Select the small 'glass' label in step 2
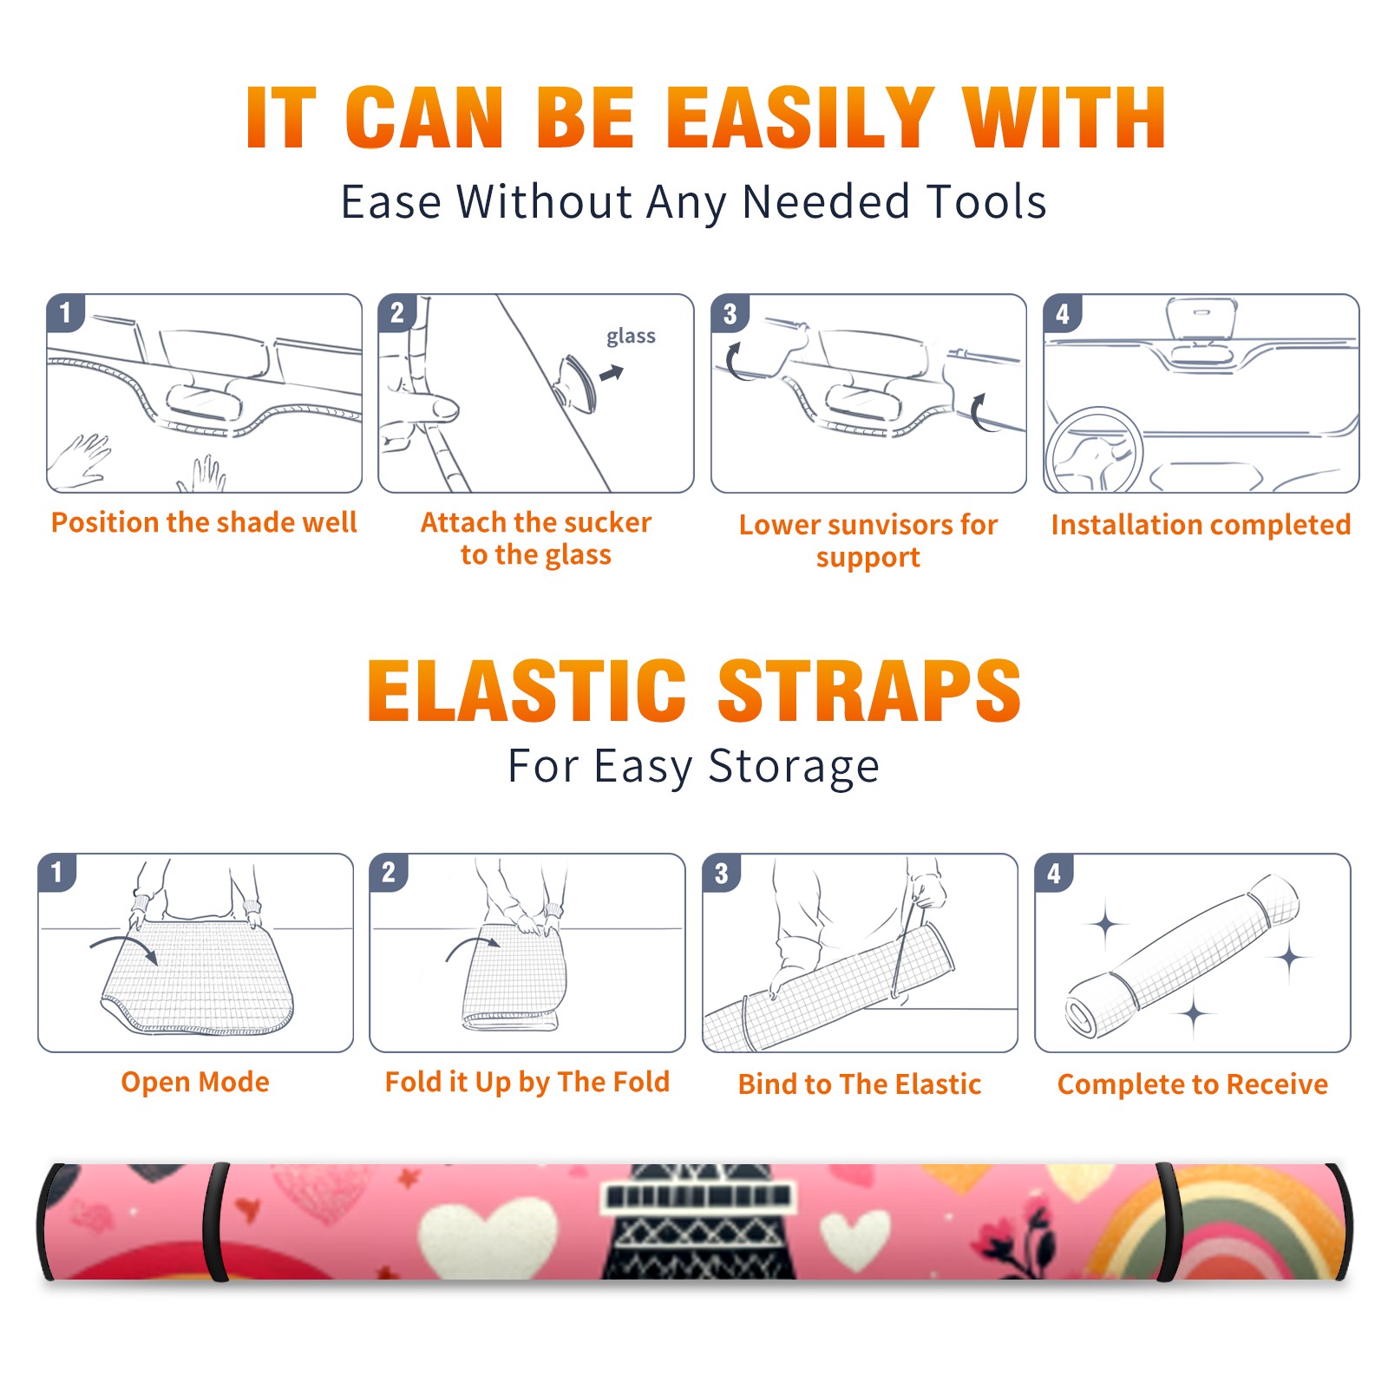pos(631,336)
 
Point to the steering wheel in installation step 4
pos(1093,450)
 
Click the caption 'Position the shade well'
pos(204,522)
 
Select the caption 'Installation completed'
pos(1201,524)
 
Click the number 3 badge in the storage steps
pos(722,873)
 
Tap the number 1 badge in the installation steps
pos(65,312)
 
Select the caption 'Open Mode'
pos(195,1082)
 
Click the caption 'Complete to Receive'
pos(1193,1084)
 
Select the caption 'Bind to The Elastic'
pos(860,1084)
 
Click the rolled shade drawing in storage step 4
pos(1183,957)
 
